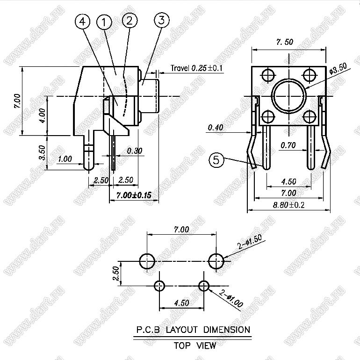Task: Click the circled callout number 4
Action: (x=82, y=22)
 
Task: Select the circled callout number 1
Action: (x=104, y=22)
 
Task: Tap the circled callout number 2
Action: (x=130, y=21)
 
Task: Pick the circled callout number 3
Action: (x=162, y=20)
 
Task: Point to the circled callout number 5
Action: (x=216, y=160)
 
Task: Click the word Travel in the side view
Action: (x=180, y=68)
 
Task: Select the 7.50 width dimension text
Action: (x=285, y=42)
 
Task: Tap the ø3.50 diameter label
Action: (x=338, y=69)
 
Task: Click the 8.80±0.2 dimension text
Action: (x=288, y=205)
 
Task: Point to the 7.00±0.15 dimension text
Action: (x=134, y=195)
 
